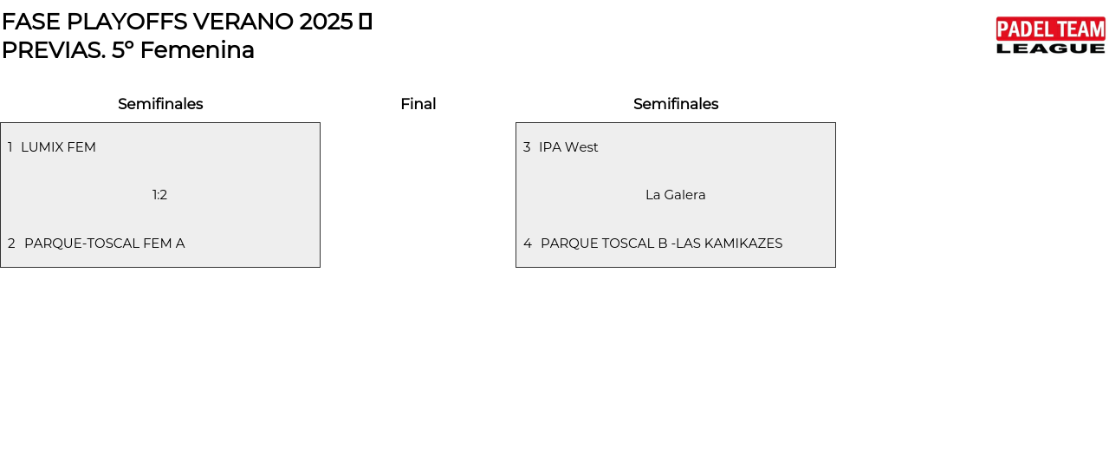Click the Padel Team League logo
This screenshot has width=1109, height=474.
point(1050,36)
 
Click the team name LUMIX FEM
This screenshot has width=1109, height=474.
point(58,147)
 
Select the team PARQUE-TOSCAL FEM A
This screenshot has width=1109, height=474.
point(104,243)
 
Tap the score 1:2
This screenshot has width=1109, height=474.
point(159,195)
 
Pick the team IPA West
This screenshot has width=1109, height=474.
point(568,147)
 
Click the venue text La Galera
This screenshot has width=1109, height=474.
point(675,195)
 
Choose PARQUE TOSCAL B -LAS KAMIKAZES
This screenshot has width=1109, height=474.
point(661,243)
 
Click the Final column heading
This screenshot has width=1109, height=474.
point(418,104)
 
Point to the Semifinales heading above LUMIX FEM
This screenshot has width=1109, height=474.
point(160,104)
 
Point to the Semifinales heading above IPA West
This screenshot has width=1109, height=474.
point(676,104)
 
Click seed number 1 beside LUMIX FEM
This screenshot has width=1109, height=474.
point(10,147)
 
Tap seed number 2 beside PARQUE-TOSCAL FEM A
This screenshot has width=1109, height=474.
point(11,243)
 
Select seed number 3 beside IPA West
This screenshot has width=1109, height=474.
point(527,147)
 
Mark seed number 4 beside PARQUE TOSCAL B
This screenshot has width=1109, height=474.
point(528,243)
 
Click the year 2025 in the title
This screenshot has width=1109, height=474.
point(326,22)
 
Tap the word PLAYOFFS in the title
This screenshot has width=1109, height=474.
point(126,22)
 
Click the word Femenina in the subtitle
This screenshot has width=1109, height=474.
point(197,50)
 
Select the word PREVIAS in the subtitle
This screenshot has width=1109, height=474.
point(53,50)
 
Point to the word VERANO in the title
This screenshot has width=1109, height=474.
point(243,22)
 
